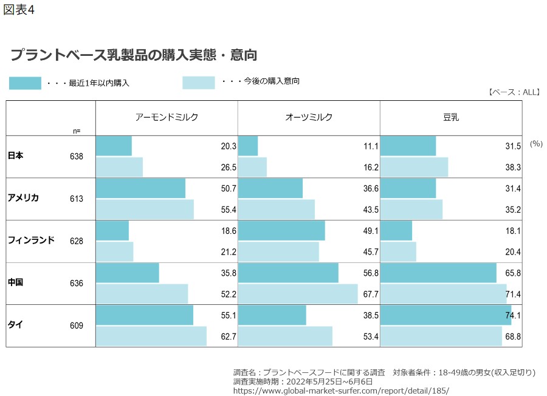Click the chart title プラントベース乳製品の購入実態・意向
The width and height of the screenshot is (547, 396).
pyautogui.click(x=134, y=55)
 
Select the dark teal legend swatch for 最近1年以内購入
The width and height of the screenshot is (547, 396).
pyautogui.click(x=25, y=83)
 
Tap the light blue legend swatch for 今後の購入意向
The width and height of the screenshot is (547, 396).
pyautogui.click(x=199, y=83)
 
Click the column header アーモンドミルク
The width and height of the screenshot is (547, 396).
pyautogui.click(x=167, y=118)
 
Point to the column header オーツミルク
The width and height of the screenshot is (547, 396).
pyautogui.click(x=309, y=118)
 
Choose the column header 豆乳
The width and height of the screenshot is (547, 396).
pyautogui.click(x=451, y=118)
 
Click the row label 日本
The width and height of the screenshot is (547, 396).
pyautogui.click(x=16, y=156)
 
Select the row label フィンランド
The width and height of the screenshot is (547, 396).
pyautogui.click(x=31, y=241)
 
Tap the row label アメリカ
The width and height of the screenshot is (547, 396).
pyautogui.click(x=24, y=198)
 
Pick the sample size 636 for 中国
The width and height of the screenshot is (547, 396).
pyautogui.click(x=77, y=283)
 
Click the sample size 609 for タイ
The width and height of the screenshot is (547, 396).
pyautogui.click(x=77, y=326)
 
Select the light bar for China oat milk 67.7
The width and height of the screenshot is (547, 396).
pyautogui.click(x=298, y=294)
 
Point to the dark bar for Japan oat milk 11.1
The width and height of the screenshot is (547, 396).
pyautogui.click(x=248, y=146)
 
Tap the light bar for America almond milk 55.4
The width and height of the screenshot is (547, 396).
pyautogui.click(x=145, y=210)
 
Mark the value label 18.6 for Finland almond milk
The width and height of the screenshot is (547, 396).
pyautogui.click(x=229, y=231)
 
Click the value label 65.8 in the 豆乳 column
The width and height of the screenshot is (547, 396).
pyautogui.click(x=514, y=273)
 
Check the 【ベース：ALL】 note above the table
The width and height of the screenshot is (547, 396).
pyautogui.click(x=514, y=92)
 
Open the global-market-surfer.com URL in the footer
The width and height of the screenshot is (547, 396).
pyautogui.click(x=332, y=391)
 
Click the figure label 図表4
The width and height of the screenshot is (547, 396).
pyautogui.click(x=19, y=11)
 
